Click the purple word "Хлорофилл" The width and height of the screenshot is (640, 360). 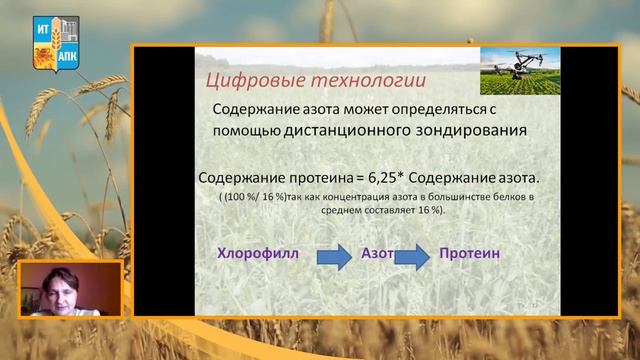[258, 254]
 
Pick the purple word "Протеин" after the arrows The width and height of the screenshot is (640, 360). [469, 254]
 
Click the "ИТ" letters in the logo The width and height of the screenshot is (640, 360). [42, 30]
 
